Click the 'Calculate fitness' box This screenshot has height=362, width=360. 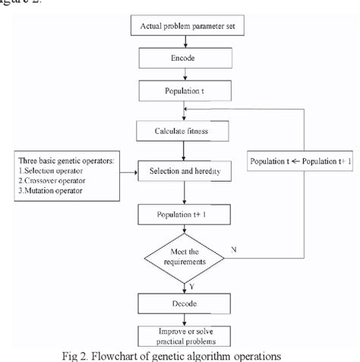[x=184, y=131]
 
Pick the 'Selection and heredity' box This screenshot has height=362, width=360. [x=184, y=172]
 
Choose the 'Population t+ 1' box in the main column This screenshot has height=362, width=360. [x=184, y=214]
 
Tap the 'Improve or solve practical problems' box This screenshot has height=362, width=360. [x=184, y=337]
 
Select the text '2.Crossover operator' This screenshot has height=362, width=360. [x=52, y=180]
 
